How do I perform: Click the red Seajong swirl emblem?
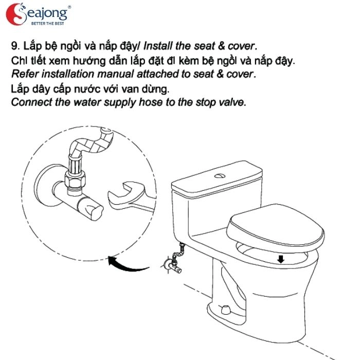15,14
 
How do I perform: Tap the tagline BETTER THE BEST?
47,24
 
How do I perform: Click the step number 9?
15,46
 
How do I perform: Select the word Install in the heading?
158,46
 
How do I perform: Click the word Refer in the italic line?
25,74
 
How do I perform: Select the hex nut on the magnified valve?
75,178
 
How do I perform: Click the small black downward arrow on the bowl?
281,259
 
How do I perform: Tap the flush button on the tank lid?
220,176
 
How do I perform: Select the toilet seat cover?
275,226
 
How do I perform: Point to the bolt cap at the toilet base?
226,310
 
